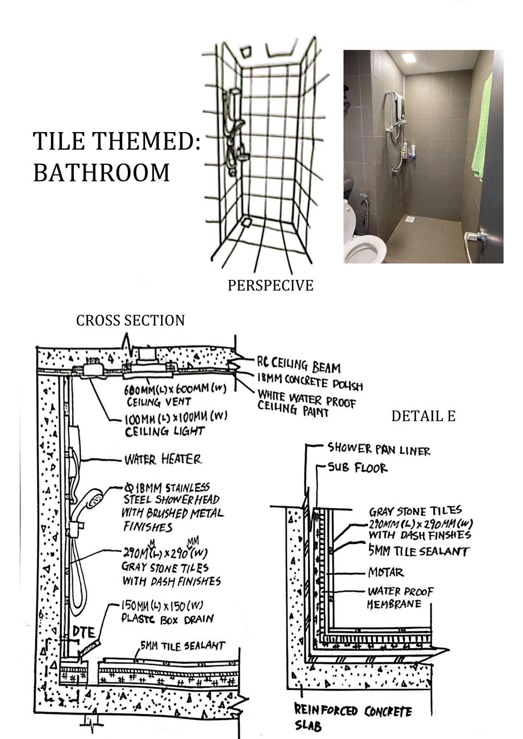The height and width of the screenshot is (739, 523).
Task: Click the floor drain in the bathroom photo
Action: [x=410, y=219]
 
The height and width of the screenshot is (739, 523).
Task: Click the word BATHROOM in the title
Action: [x=101, y=173]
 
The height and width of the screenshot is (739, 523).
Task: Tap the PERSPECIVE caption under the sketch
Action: [x=270, y=285]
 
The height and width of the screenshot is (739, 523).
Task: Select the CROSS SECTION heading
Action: [x=130, y=321]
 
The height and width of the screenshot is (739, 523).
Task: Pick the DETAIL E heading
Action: [x=423, y=416]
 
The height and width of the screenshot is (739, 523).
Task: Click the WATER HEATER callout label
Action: [x=163, y=459]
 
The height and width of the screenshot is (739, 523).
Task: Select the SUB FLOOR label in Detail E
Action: [x=358, y=468]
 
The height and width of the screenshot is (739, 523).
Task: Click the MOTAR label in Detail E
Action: [x=386, y=572]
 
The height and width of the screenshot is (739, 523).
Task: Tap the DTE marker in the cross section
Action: [x=84, y=631]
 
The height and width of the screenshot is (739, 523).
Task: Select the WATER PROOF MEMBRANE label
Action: [x=400, y=598]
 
